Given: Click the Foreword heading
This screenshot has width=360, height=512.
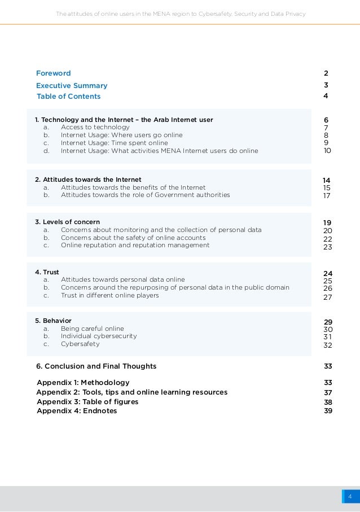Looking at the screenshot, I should tap(54, 73).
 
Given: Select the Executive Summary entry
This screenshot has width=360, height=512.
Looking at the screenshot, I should tap(72, 86).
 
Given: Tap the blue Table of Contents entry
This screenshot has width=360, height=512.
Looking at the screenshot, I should tap(68, 97).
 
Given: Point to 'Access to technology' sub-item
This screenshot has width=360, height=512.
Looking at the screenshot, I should tap(95, 127).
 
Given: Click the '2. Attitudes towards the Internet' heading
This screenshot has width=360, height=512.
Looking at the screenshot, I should tap(88, 180).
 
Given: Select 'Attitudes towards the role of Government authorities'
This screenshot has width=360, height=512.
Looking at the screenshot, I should tap(145, 195).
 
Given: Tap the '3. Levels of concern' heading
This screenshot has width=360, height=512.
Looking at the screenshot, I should tap(67, 222).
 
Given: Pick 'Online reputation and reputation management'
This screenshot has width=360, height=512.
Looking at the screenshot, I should tap(135, 245).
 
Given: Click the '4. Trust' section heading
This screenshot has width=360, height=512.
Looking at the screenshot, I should tap(47, 272).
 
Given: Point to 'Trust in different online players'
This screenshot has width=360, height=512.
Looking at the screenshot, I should tap(109, 295).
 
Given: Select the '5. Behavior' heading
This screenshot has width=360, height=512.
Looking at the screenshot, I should tap(53, 321).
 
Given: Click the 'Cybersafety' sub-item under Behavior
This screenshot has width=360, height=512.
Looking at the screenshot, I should tap(80, 344).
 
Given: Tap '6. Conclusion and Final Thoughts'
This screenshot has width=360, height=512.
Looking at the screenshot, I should tap(96, 366).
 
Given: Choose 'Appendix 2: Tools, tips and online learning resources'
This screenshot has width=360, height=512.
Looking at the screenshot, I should tap(132, 392).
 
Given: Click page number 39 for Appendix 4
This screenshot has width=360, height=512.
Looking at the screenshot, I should tap(328, 411).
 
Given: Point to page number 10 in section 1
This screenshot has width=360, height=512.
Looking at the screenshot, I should tap(327, 151).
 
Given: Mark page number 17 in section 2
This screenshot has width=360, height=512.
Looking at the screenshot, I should tap(327, 196).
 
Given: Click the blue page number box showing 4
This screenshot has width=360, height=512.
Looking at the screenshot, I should tap(350, 497).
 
